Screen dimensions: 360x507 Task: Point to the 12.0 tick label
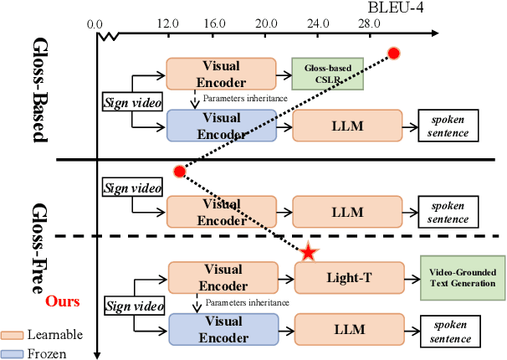[170, 24]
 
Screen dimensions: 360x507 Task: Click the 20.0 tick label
[267, 24]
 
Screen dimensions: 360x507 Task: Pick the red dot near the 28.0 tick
[393, 54]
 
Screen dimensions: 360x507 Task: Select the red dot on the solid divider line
[178, 172]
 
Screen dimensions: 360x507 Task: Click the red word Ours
[56, 299]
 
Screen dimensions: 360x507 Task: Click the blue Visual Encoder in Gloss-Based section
[221, 126]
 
